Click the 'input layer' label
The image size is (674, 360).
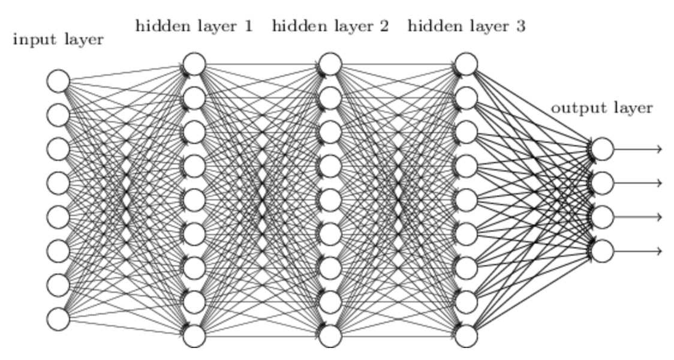coord(58,41)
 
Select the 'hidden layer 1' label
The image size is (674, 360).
coord(194,26)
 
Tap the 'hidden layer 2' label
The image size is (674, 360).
coord(330,26)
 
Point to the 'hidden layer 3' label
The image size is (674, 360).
coord(466,26)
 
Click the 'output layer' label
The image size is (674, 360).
coord(601,109)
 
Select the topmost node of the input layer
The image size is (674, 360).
coord(59,80)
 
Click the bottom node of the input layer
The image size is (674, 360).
coord(59,319)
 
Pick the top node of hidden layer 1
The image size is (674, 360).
coord(194,64)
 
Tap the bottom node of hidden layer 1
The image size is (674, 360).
coord(194,336)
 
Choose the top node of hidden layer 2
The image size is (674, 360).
coord(330,64)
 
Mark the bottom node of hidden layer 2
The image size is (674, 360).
coord(330,336)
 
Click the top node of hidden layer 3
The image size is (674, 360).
coord(467,64)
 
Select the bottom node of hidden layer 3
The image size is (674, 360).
coord(467,336)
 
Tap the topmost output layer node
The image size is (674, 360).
coord(603,149)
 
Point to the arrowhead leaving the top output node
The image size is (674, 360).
coord(659,149)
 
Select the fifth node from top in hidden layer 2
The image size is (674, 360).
coord(330,200)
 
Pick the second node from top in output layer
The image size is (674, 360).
coord(603,182)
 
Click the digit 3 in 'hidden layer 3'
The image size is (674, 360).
coord(520,26)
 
